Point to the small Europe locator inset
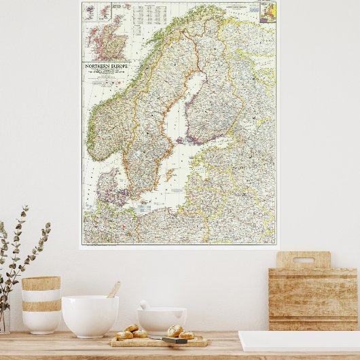click(x=268, y=12)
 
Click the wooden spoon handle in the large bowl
click(x=113, y=289)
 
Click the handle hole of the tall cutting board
click(x=304, y=260)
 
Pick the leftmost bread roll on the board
click(x=124, y=335)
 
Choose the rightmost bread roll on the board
click(x=186, y=334)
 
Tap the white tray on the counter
click(x=299, y=340)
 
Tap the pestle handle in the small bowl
click(x=145, y=305)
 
